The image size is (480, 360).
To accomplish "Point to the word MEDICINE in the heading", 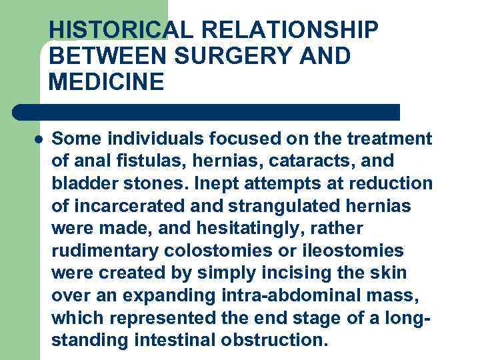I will click(x=106, y=82).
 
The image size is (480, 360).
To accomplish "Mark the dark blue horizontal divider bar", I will click(x=207, y=112).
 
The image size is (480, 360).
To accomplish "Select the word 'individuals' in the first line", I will click(x=141, y=139).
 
